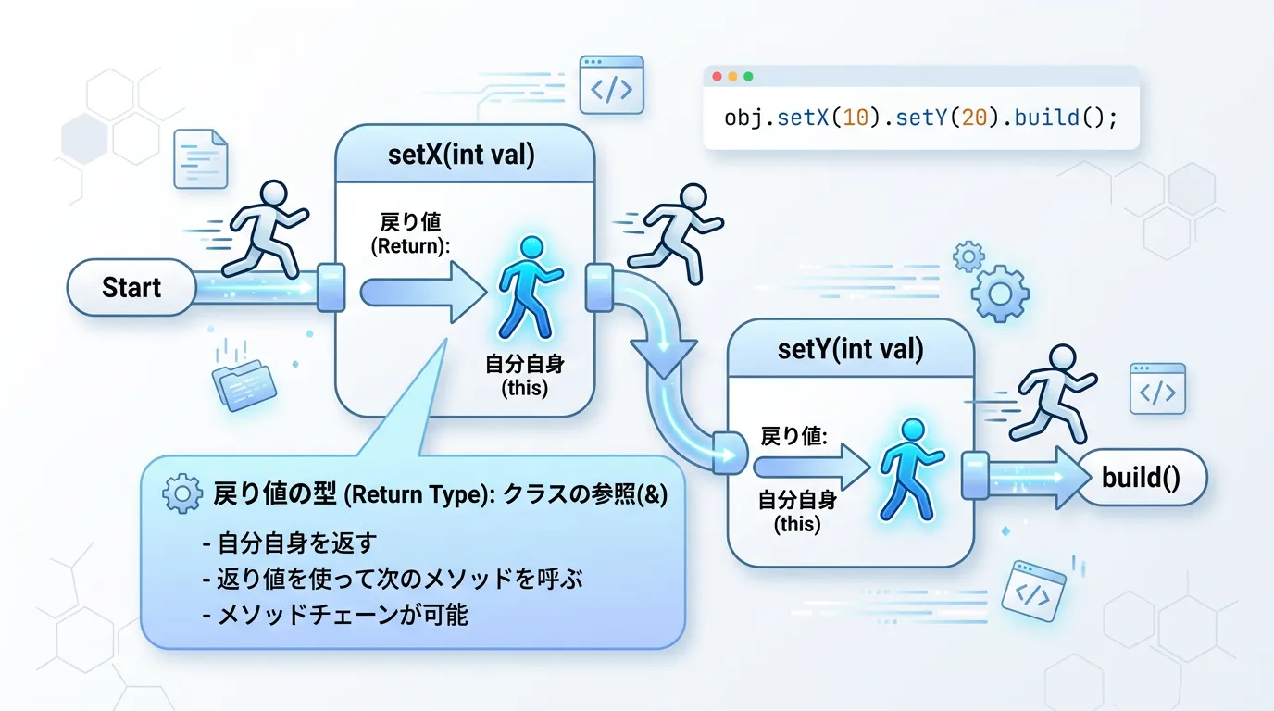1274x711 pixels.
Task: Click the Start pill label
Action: [x=131, y=287]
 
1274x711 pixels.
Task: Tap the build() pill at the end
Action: [x=1142, y=478]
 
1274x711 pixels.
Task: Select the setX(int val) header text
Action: [x=461, y=155]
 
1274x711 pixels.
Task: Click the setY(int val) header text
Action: [x=851, y=349]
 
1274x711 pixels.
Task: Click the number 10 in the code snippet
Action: [x=854, y=118]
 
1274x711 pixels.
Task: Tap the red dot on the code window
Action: [x=715, y=77]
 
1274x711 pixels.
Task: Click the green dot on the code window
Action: [x=748, y=77]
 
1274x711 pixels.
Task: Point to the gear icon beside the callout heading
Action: [x=181, y=495]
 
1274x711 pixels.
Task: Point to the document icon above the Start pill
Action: [x=200, y=159]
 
